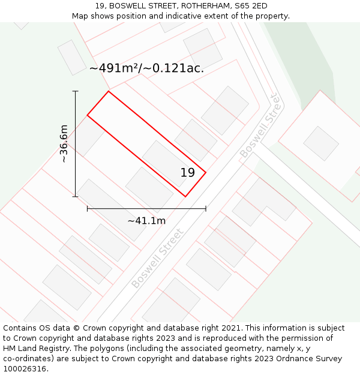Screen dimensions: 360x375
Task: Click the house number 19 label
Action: pyautogui.click(x=188, y=173)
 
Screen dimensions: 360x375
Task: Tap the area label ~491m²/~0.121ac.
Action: pyautogui.click(x=146, y=68)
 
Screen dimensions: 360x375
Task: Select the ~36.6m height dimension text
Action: pyautogui.click(x=64, y=143)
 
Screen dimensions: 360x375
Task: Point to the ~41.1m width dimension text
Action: pyautogui.click(x=146, y=221)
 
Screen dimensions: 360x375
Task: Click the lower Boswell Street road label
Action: pyautogui.click(x=157, y=258)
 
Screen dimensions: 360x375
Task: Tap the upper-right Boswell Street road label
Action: pyautogui.click(x=260, y=126)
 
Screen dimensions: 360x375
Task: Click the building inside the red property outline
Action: pyautogui.click(x=166, y=163)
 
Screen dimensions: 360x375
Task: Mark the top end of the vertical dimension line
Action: pyautogui.click(x=75, y=91)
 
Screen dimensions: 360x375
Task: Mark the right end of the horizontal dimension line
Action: pyautogui.click(x=206, y=209)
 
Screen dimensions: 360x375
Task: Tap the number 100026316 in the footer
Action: pyautogui.click(x=25, y=369)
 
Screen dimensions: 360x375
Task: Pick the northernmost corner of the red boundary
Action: pyautogui.click(x=109, y=91)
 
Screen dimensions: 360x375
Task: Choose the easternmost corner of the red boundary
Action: pyautogui.click(x=206, y=173)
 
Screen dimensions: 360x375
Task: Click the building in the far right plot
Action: pyautogui.click(x=321, y=143)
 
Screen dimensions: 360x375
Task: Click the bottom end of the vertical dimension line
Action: pyautogui.click(x=75, y=196)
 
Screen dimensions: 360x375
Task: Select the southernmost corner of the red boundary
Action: pyautogui.click(x=185, y=196)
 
